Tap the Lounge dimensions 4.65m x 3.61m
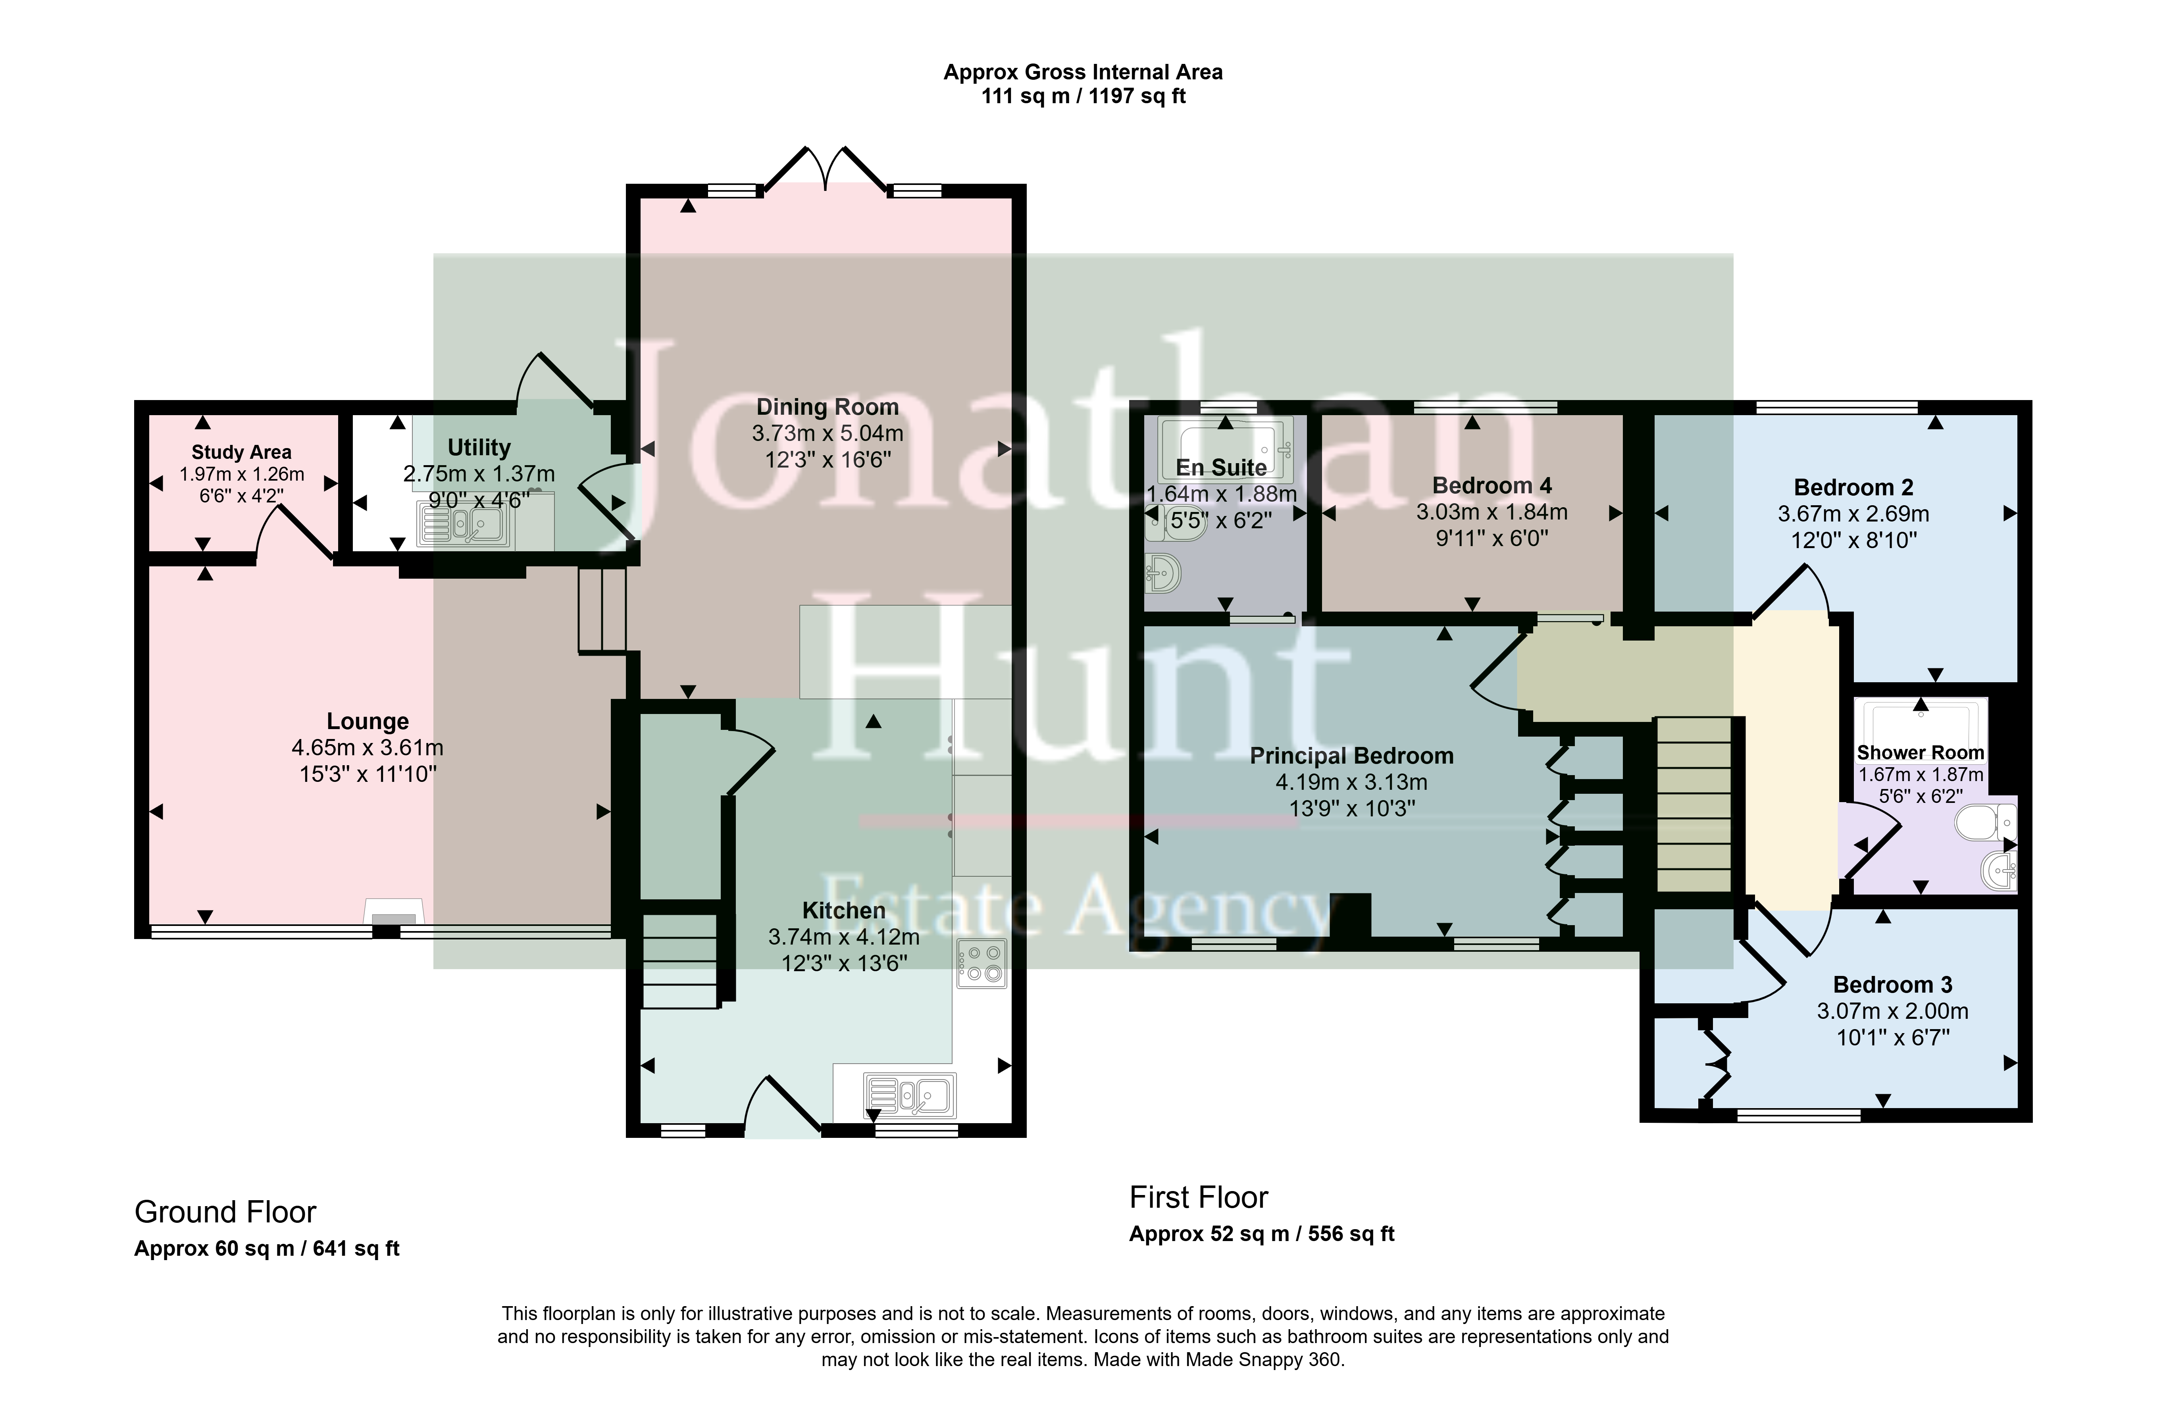368,748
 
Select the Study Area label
241,452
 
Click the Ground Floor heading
225,1212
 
